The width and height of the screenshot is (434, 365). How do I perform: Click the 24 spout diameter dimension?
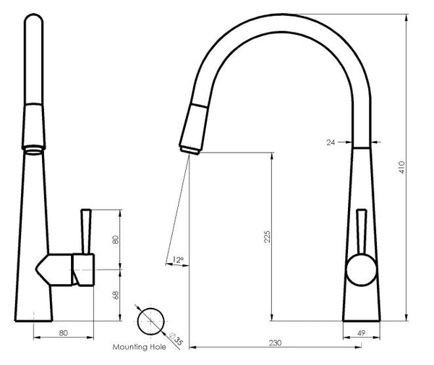tap(332, 142)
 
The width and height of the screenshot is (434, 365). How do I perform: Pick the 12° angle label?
tap(178, 259)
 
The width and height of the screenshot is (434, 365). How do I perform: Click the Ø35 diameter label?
tap(174, 338)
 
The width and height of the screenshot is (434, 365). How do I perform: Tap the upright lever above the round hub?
tap(361, 231)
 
